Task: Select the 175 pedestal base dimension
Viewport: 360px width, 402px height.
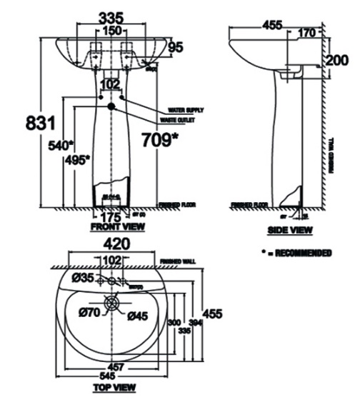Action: (109, 216)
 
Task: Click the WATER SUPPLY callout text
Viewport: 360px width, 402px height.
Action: (186, 111)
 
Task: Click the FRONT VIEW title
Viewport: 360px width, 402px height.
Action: (118, 227)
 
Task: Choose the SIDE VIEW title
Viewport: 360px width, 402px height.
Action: (289, 231)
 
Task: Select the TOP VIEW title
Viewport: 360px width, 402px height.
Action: (114, 388)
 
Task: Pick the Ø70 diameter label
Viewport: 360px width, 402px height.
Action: (89, 311)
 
